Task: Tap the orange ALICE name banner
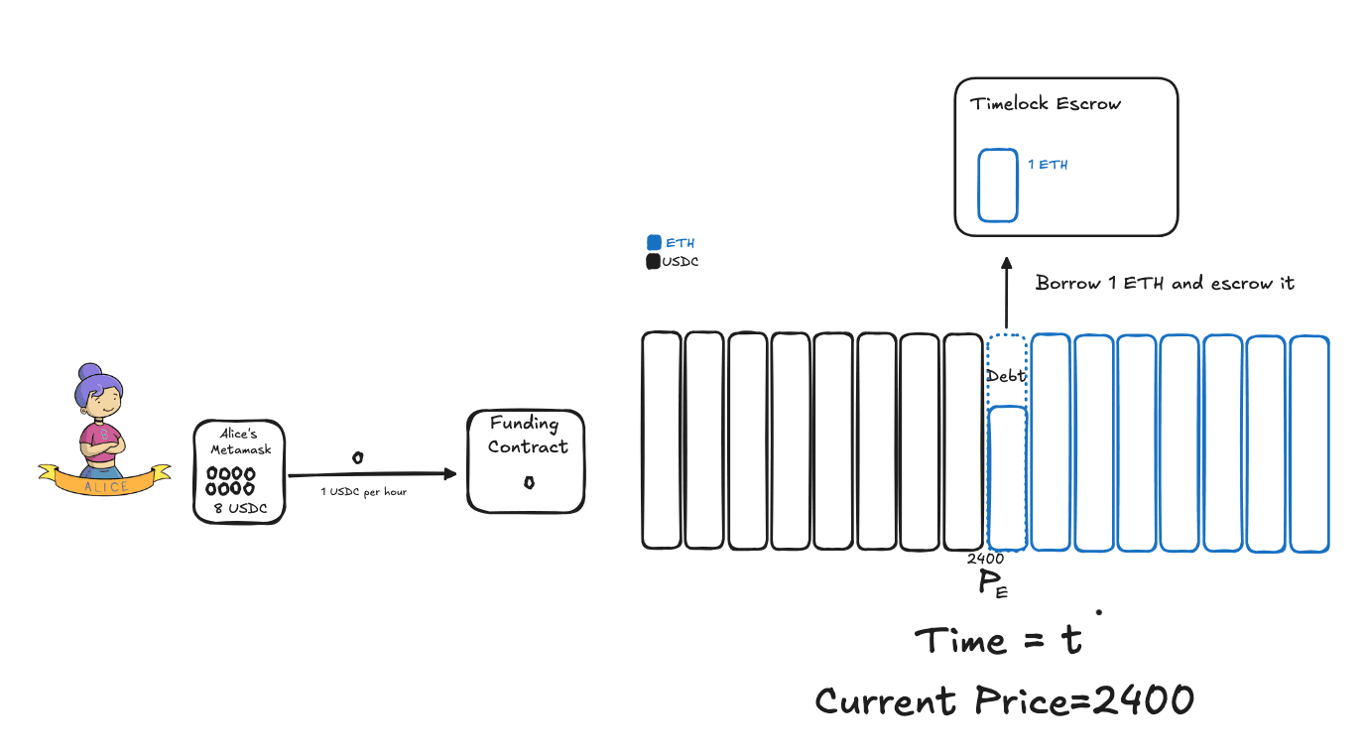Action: [103, 485]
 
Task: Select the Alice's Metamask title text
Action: [239, 442]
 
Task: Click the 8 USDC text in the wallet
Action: [239, 509]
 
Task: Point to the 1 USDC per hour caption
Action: [363, 492]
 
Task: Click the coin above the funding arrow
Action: [358, 457]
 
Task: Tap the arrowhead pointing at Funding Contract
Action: [450, 474]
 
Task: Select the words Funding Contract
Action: [527, 436]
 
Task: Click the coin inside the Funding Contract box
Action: [529, 483]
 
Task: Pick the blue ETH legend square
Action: [654, 242]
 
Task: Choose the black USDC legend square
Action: [653, 262]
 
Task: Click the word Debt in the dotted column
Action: [1006, 376]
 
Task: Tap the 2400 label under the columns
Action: [985, 559]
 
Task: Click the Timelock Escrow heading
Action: [1046, 104]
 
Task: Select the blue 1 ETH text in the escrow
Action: [1048, 165]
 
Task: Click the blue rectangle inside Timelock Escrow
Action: [997, 186]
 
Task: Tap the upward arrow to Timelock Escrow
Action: [1006, 293]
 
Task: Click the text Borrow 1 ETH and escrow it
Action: [1165, 283]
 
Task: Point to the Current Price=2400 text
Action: [1004, 701]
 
